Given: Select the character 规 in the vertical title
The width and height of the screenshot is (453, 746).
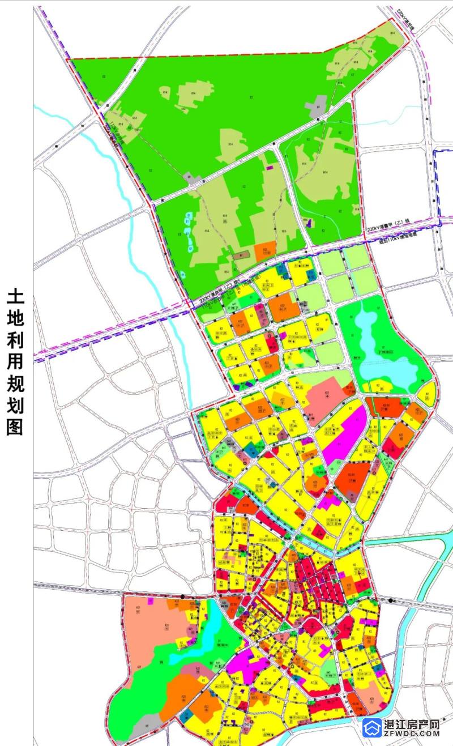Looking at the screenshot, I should (x=14, y=375).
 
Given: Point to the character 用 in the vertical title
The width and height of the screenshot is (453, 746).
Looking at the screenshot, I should (x=14, y=349).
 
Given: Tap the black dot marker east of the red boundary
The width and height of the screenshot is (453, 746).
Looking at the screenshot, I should (x=391, y=600).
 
